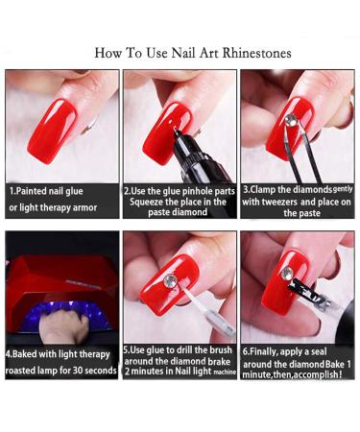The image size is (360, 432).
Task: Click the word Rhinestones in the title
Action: coord(256,53)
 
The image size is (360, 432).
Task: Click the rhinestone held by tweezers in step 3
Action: coord(291,120)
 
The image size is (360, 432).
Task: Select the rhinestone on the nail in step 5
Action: coord(170,280)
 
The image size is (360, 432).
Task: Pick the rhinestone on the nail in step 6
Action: coord(287,273)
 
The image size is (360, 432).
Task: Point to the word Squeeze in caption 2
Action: coord(146,203)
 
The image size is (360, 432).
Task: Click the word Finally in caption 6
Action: coord(263,351)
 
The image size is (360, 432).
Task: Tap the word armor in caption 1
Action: coord(85,207)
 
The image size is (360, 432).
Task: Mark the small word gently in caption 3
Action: coord(343,189)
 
